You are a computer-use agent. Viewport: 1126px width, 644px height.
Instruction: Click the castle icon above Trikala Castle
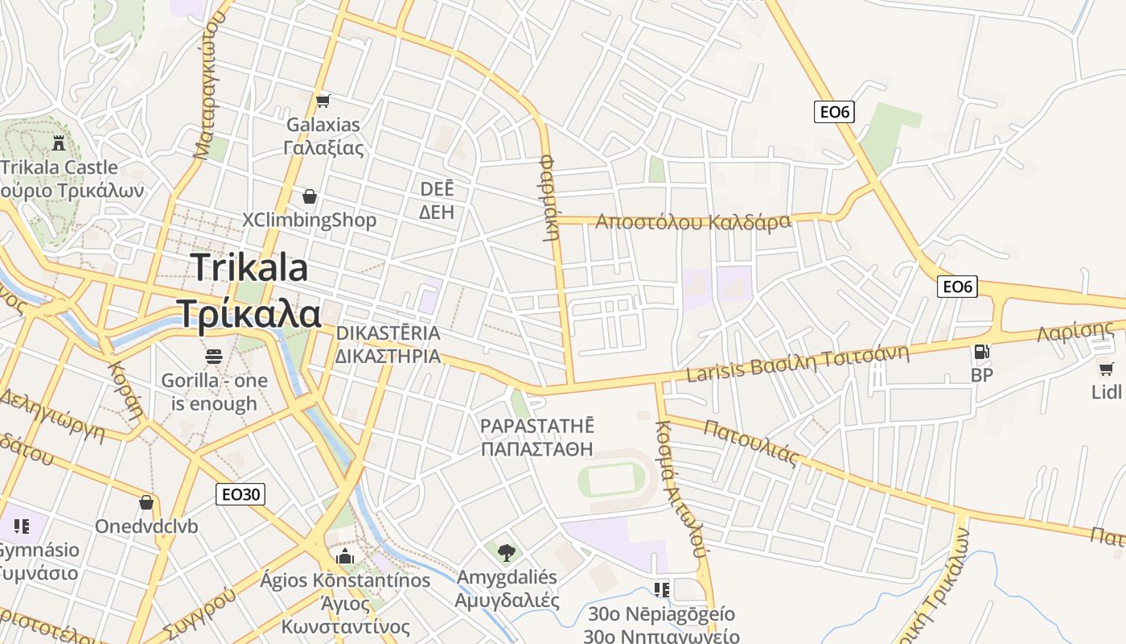coord(58,143)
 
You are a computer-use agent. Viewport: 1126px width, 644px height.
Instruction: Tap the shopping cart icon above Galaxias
coord(323,101)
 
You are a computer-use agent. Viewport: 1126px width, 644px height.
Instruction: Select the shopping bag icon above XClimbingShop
coord(309,196)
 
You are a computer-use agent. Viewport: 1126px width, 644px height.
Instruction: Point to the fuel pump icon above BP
coord(981,351)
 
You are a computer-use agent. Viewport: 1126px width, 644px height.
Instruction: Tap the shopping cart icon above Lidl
coord(1107,369)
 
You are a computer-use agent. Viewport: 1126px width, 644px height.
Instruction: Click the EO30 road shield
coord(240,494)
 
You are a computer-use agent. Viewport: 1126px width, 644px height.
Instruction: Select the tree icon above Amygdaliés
coord(506,552)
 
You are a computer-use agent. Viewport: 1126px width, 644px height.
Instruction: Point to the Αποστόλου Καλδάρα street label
coord(692,221)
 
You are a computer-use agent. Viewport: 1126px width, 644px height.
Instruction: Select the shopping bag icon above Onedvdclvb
coord(146,502)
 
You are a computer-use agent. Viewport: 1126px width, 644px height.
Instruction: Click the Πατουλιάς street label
coord(750,442)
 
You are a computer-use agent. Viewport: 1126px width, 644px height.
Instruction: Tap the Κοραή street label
coord(125,388)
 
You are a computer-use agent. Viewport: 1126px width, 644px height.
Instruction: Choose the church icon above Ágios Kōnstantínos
coord(345,556)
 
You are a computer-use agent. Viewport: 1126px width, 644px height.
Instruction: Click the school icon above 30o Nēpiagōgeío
coord(661,590)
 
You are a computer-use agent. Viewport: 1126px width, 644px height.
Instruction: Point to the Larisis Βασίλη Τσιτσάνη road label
coord(796,363)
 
